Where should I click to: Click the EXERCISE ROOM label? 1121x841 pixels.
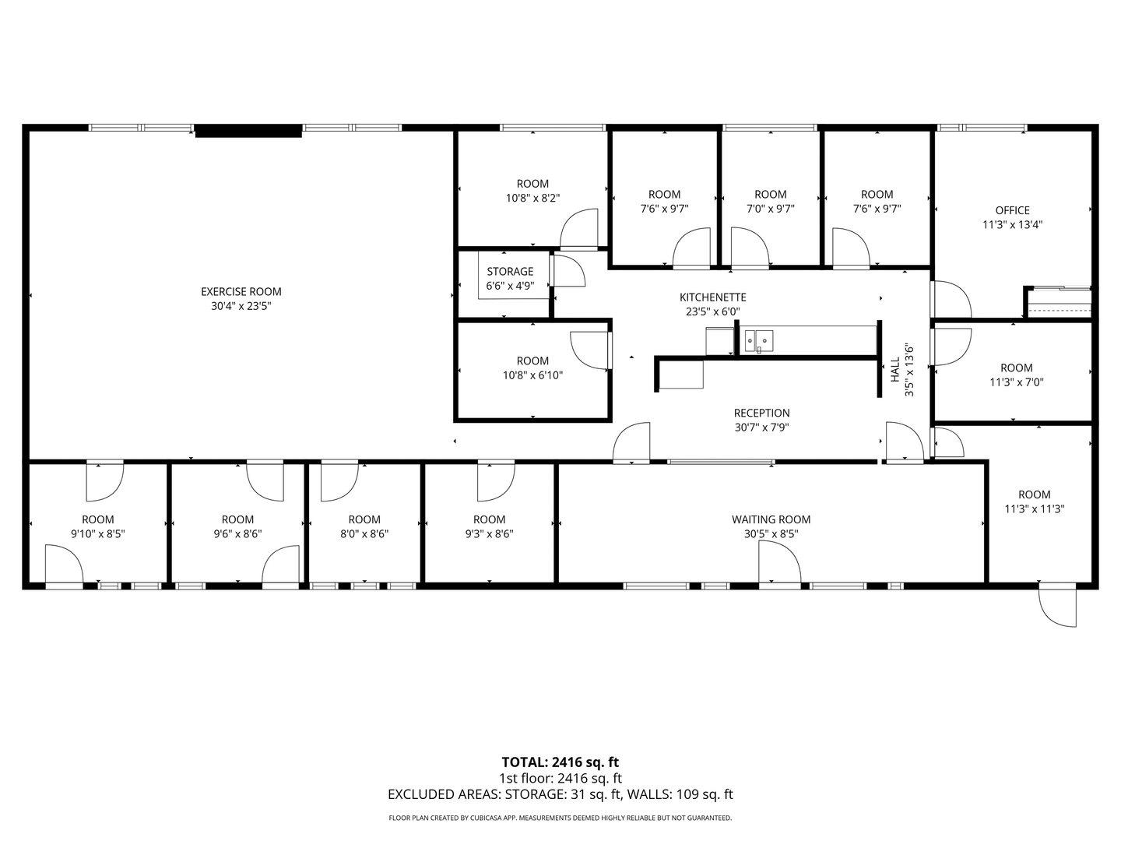pyautogui.click(x=241, y=291)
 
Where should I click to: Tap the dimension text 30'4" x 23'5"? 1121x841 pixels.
pyautogui.click(x=241, y=306)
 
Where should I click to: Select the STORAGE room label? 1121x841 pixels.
pyautogui.click(x=510, y=271)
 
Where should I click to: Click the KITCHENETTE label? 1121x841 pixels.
pyautogui.click(x=712, y=297)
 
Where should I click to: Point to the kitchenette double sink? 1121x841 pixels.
pyautogui.click(x=758, y=340)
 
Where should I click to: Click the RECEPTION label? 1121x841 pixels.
pyautogui.click(x=761, y=413)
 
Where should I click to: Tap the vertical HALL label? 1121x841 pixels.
pyautogui.click(x=895, y=369)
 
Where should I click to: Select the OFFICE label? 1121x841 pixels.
pyautogui.click(x=1012, y=210)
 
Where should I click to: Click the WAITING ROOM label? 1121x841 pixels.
pyautogui.click(x=771, y=519)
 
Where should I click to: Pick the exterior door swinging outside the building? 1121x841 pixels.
pyautogui.click(x=1057, y=605)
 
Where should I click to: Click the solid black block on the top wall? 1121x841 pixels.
pyautogui.click(x=248, y=131)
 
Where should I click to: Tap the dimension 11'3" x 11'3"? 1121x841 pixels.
pyautogui.click(x=1034, y=509)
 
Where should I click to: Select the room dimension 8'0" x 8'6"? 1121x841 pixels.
pyautogui.click(x=364, y=534)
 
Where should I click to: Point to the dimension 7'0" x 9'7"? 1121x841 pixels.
pyautogui.click(x=770, y=209)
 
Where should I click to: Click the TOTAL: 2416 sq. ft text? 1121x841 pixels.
pyautogui.click(x=560, y=762)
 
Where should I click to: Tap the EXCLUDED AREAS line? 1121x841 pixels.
pyautogui.click(x=560, y=794)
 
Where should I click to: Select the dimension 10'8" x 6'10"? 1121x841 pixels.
pyautogui.click(x=532, y=375)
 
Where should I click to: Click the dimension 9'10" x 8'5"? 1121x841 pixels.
pyautogui.click(x=98, y=534)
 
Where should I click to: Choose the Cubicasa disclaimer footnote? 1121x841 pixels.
pyautogui.click(x=560, y=818)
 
